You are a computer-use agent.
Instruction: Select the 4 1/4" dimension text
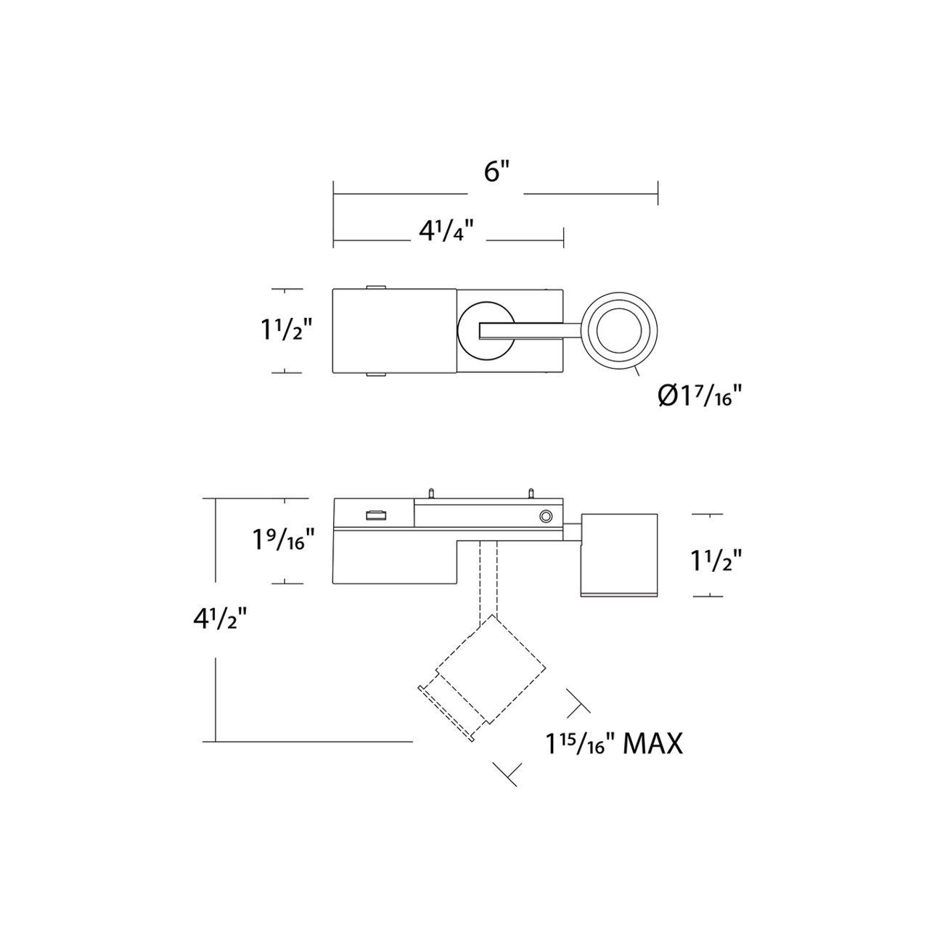coord(446,232)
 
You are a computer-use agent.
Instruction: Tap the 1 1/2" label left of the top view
coord(286,330)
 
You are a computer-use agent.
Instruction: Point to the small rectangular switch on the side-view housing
coord(376,515)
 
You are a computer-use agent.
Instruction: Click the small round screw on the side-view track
coord(544,516)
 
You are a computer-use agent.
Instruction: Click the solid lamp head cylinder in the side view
coord(619,555)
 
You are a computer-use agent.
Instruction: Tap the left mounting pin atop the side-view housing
coord(430,494)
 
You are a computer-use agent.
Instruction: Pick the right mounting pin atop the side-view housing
coord(531,494)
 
